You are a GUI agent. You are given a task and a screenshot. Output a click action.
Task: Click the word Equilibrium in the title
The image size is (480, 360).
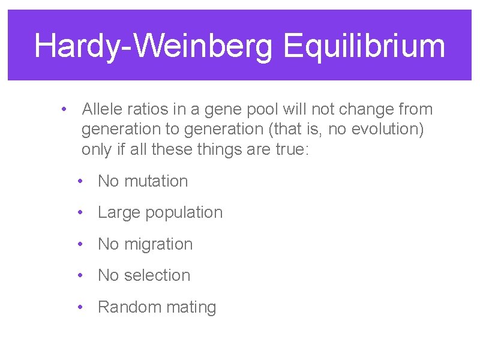[364, 47]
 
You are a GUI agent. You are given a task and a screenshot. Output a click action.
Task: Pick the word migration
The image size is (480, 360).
[158, 244]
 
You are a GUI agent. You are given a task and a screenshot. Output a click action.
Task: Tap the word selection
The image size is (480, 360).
[157, 275]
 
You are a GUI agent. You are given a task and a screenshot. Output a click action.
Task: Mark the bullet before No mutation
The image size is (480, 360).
[80, 181]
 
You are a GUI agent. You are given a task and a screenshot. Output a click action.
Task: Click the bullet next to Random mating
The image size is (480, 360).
[80, 307]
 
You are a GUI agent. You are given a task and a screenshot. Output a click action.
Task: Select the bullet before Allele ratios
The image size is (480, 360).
[64, 110]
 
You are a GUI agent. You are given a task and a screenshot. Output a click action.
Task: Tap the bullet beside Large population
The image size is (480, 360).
[80, 212]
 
